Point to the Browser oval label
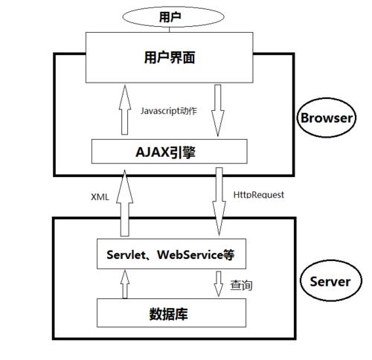326,118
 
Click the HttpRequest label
259,194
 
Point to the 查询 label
241,284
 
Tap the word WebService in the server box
189,254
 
